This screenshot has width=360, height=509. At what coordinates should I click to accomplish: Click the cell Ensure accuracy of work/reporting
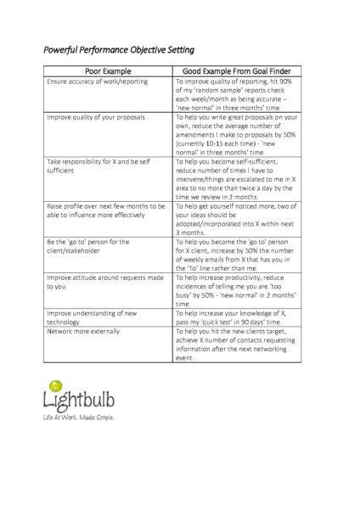[x=97, y=81]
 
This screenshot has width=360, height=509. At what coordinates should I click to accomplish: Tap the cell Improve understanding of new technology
[x=97, y=317]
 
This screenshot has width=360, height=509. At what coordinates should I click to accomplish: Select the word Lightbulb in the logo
[x=81, y=400]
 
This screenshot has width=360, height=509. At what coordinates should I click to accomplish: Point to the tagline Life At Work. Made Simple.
[x=78, y=418]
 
